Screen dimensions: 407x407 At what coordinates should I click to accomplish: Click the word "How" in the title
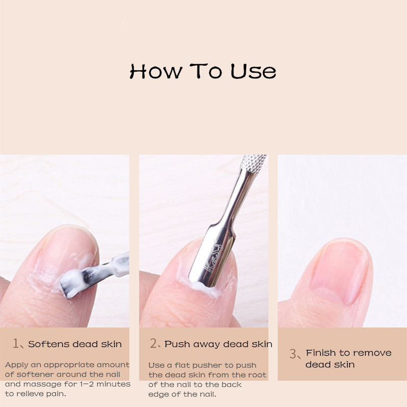(156, 71)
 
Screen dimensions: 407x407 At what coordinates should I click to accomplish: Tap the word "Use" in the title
(253, 71)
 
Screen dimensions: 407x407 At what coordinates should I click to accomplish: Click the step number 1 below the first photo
(16, 344)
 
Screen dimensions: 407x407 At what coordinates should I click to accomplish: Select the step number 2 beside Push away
(154, 344)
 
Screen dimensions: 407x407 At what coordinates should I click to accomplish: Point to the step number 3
(293, 354)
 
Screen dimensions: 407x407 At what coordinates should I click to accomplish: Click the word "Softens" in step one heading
(49, 344)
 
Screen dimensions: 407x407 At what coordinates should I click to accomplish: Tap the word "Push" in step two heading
(176, 344)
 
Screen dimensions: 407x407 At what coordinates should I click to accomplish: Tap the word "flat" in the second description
(188, 365)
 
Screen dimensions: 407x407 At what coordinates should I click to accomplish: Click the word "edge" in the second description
(159, 394)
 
